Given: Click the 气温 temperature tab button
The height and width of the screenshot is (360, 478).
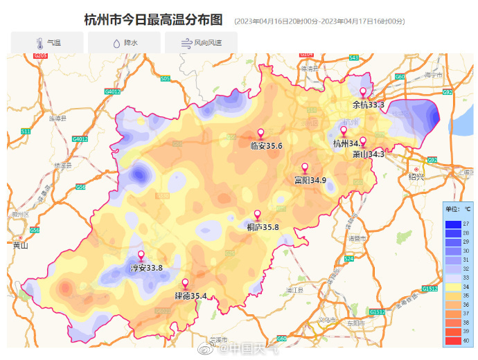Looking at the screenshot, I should [x=47, y=43].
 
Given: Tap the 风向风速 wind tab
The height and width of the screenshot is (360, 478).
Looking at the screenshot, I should [x=201, y=43].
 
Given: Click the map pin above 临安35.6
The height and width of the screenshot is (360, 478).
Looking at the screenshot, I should [x=261, y=134].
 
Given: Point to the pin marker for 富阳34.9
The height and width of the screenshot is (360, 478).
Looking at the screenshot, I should [x=305, y=168].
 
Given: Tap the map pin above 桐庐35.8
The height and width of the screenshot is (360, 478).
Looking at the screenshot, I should [x=258, y=215].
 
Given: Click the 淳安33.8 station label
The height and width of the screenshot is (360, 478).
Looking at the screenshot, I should [x=146, y=268].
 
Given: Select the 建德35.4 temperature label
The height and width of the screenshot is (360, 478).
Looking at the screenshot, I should [x=191, y=296].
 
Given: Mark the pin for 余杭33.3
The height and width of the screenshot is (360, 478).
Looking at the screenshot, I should [x=362, y=93].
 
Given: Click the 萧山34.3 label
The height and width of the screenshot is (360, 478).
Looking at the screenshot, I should [x=368, y=154].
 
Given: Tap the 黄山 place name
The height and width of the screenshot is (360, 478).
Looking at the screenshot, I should [x=19, y=244].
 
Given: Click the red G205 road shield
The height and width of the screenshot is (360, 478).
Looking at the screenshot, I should [x=39, y=55].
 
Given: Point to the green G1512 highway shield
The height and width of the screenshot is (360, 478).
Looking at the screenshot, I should [x=430, y=288].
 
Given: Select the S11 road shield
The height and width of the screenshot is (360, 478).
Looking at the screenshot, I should [x=26, y=131].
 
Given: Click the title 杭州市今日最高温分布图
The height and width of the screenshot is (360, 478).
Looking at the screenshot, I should [x=157, y=19].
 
